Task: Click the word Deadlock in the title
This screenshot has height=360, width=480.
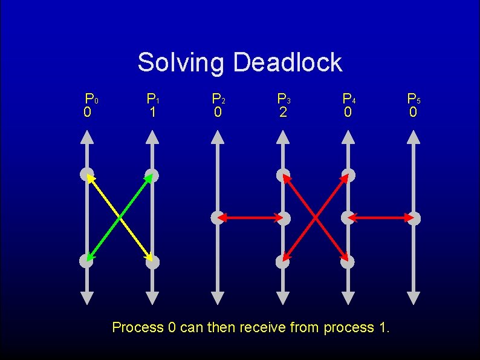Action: point(288,62)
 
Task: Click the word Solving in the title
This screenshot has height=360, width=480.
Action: point(181,63)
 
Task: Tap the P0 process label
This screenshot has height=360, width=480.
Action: point(91,99)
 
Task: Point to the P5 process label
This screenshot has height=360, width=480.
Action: point(414,99)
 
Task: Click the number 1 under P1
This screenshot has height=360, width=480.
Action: point(153,113)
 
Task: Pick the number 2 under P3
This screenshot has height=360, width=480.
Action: point(283,113)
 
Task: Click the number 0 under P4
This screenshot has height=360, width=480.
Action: point(348,113)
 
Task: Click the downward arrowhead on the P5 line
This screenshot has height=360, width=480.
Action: point(414,298)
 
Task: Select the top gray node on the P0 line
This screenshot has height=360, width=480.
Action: point(86,175)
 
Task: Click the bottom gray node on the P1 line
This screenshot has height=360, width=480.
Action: point(152,262)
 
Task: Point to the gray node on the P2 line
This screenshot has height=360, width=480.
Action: point(217,217)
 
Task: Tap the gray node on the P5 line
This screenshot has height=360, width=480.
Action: point(414,217)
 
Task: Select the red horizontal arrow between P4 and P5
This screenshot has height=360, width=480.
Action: point(381,217)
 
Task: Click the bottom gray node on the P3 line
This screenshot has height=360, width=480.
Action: point(283,262)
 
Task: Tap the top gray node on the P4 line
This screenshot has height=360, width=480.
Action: point(348,175)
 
